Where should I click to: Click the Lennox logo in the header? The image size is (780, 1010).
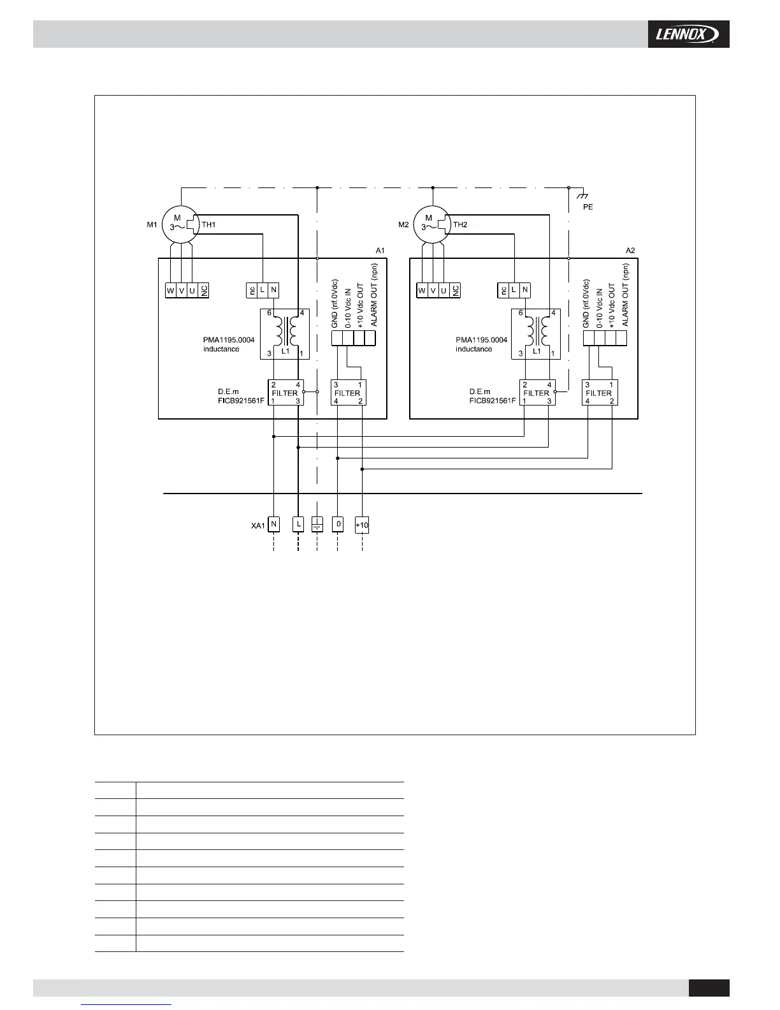coord(688,34)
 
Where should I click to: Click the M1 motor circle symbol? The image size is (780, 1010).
coord(180,225)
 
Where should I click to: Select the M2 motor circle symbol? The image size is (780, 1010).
coord(432,225)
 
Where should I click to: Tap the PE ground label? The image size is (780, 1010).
coord(588,207)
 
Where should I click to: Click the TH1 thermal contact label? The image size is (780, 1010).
coord(208,225)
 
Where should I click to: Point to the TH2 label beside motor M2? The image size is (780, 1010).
coord(460,225)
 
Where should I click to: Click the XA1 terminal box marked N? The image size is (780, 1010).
coord(273,524)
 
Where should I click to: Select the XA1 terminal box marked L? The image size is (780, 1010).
coord(298,524)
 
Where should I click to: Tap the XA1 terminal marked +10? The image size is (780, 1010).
coord(362,525)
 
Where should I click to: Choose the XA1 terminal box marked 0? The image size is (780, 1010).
coord(338,524)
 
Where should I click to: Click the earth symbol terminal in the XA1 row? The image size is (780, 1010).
coord(317,525)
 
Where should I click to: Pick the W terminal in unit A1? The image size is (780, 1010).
coord(170,291)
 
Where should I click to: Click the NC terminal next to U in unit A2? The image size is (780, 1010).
coord(455,291)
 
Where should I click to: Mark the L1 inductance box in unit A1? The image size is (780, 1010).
coord(284,334)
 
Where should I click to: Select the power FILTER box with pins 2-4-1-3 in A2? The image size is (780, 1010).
coord(537,393)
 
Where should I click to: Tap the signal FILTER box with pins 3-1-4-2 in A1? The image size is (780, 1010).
coord(348,393)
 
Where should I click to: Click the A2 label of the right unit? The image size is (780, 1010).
coord(630,251)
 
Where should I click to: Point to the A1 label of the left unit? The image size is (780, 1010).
coord(380,251)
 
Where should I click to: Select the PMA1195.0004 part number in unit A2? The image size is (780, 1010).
coord(481,340)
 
